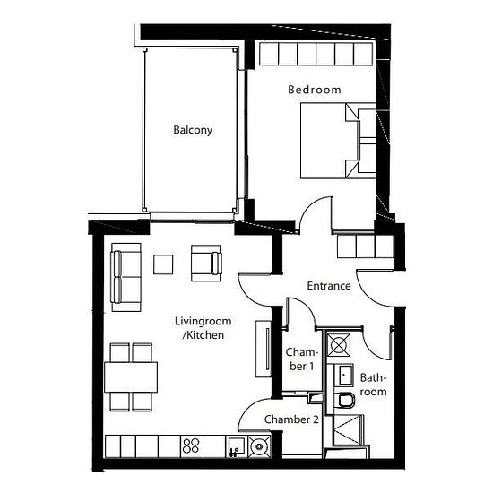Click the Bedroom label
point(315,90)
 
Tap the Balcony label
point(193,130)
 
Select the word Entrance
point(329,286)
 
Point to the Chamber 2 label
point(291,419)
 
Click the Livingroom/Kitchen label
point(203,328)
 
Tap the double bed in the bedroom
point(338,141)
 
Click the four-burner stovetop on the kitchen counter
point(191,446)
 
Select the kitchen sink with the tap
point(237,446)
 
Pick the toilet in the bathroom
point(344,401)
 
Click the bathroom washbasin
point(343,375)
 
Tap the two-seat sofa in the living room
point(125,277)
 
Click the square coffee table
point(163,264)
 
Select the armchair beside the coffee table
point(206,264)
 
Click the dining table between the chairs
point(131,377)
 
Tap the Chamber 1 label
point(301,359)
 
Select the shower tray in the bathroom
point(348,429)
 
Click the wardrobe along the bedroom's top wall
point(316,54)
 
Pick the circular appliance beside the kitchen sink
point(259,446)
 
